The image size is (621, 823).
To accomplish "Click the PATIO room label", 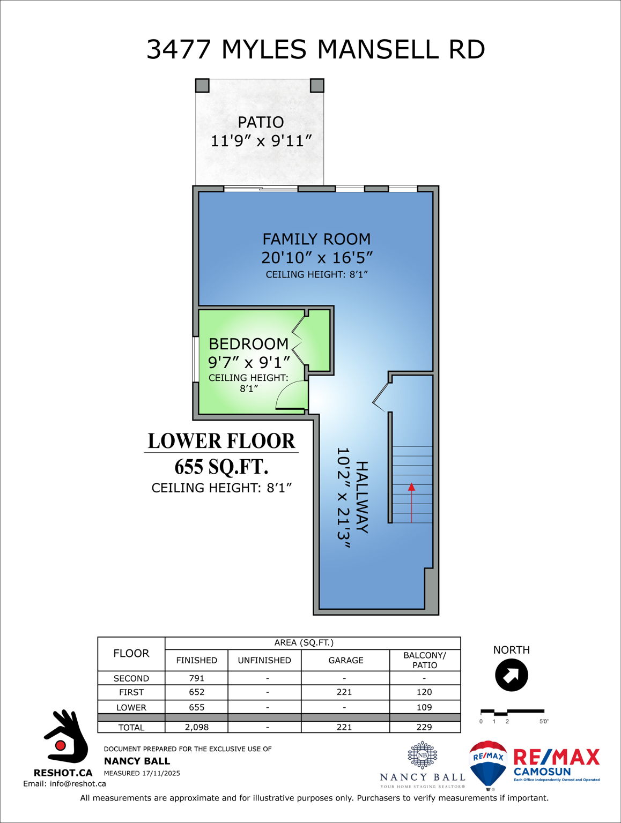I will pos(261,122).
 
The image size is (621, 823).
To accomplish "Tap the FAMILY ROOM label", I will pos(316,239).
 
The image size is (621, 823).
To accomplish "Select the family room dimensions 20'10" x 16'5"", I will pos(316,258).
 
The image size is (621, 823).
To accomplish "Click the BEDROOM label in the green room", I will pos(248,344).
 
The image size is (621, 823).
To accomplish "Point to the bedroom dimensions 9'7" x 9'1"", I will pos(249,363).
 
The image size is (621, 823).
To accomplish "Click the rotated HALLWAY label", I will pos(362,497).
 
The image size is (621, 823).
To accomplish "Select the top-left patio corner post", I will pos(202,85).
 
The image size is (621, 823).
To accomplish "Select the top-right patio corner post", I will pos(317,85).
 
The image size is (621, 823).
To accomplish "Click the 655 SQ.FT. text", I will pos(221,467).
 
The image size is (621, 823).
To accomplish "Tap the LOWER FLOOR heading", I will pos(221,441).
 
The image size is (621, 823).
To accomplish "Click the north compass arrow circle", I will pos(512,675).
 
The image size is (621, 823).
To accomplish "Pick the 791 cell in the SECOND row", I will pos(197,678).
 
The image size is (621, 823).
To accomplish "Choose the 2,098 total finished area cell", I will pos(197,727).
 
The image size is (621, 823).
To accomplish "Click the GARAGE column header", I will pos(345,660).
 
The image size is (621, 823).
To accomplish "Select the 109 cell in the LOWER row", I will pos(424,707).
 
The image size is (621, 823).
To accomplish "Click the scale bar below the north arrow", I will pos(512,712).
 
